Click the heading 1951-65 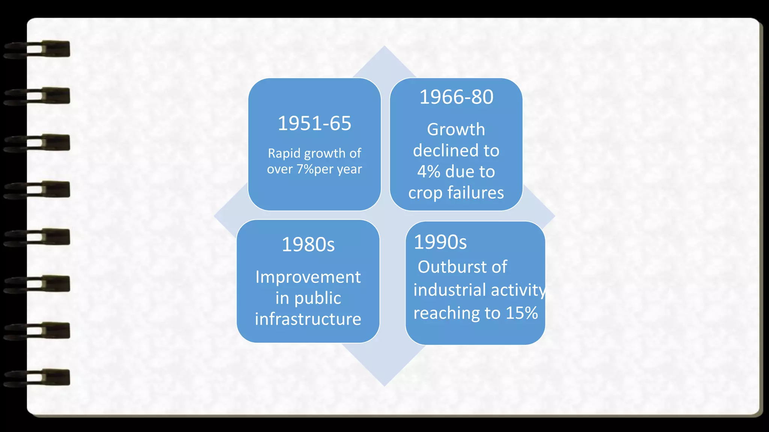click(314, 123)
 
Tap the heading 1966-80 click(456, 97)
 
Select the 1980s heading click(308, 244)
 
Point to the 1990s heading click(440, 242)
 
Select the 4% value click(428, 172)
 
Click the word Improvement click(308, 277)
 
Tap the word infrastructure click(308, 319)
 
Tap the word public click(317, 298)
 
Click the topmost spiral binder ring click(38, 49)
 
